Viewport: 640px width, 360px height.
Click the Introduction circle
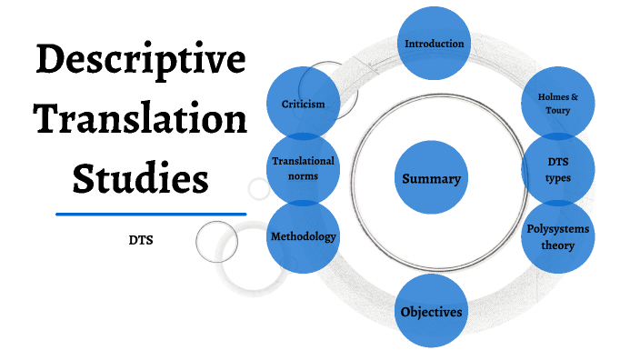[435, 43]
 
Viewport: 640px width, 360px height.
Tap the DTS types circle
[558, 169]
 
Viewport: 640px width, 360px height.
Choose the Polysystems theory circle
[558, 236]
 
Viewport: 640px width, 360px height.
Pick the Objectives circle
[432, 312]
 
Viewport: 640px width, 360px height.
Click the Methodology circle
[304, 236]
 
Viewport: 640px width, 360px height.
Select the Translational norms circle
[304, 168]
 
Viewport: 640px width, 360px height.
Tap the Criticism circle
[304, 104]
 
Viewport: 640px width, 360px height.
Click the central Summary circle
[432, 178]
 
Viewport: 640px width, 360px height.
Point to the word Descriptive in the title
[141, 61]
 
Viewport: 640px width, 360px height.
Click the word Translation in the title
[141, 119]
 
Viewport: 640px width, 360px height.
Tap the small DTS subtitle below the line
[142, 243]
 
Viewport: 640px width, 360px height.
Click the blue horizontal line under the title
[151, 214]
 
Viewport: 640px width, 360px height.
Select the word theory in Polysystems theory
[558, 245]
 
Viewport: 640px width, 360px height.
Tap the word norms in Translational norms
[304, 176]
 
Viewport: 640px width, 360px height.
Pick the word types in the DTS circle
[558, 177]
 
